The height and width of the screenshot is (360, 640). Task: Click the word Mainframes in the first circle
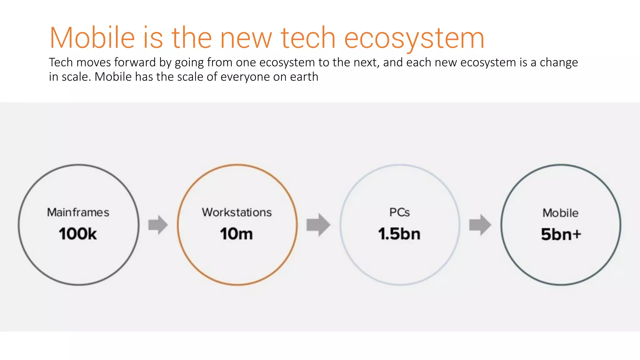(78, 212)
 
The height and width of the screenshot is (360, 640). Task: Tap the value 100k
(78, 234)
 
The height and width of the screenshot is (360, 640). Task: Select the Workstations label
(237, 212)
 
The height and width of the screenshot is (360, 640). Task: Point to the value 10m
(236, 234)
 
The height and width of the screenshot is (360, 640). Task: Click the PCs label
(399, 212)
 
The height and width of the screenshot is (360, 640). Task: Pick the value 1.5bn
(399, 234)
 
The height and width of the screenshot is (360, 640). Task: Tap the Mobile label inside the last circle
(560, 213)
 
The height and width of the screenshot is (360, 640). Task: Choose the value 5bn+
(561, 234)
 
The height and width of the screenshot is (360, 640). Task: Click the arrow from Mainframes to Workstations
(158, 225)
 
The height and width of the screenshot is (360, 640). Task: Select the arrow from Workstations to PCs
(318, 225)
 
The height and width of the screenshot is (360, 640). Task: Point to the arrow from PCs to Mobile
(480, 225)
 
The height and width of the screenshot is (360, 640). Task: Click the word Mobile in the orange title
(92, 38)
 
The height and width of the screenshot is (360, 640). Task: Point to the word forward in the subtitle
(135, 62)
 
